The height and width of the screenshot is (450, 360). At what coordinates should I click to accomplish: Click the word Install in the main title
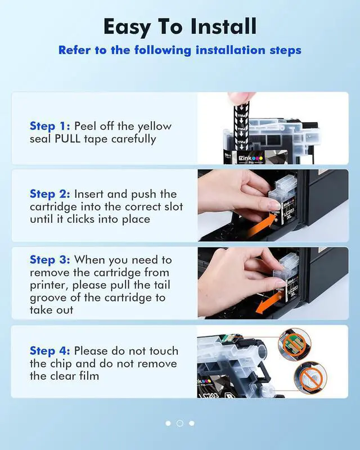pos(223,26)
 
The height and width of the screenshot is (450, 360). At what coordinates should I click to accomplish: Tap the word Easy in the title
pos(127,27)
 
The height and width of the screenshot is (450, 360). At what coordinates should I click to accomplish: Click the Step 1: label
pos(50,126)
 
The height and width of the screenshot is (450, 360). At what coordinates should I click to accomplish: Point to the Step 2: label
pos(50,194)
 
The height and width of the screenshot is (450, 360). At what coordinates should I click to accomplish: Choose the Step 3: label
pos(50,260)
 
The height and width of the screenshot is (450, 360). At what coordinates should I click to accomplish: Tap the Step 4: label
pos(50,350)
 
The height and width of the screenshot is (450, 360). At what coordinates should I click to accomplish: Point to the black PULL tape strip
pos(241,126)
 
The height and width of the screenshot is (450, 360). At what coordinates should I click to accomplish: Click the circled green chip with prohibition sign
pos(295,344)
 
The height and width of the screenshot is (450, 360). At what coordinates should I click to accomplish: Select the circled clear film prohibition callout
pos(310,377)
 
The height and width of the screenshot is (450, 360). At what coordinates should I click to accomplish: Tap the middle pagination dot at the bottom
pos(180,424)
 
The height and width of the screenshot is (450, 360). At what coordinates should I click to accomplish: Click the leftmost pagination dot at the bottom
pos(168,424)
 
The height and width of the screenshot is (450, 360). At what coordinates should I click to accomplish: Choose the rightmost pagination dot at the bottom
pos(192,424)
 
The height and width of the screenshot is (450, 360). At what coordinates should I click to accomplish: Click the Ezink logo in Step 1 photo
pos(251,158)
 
